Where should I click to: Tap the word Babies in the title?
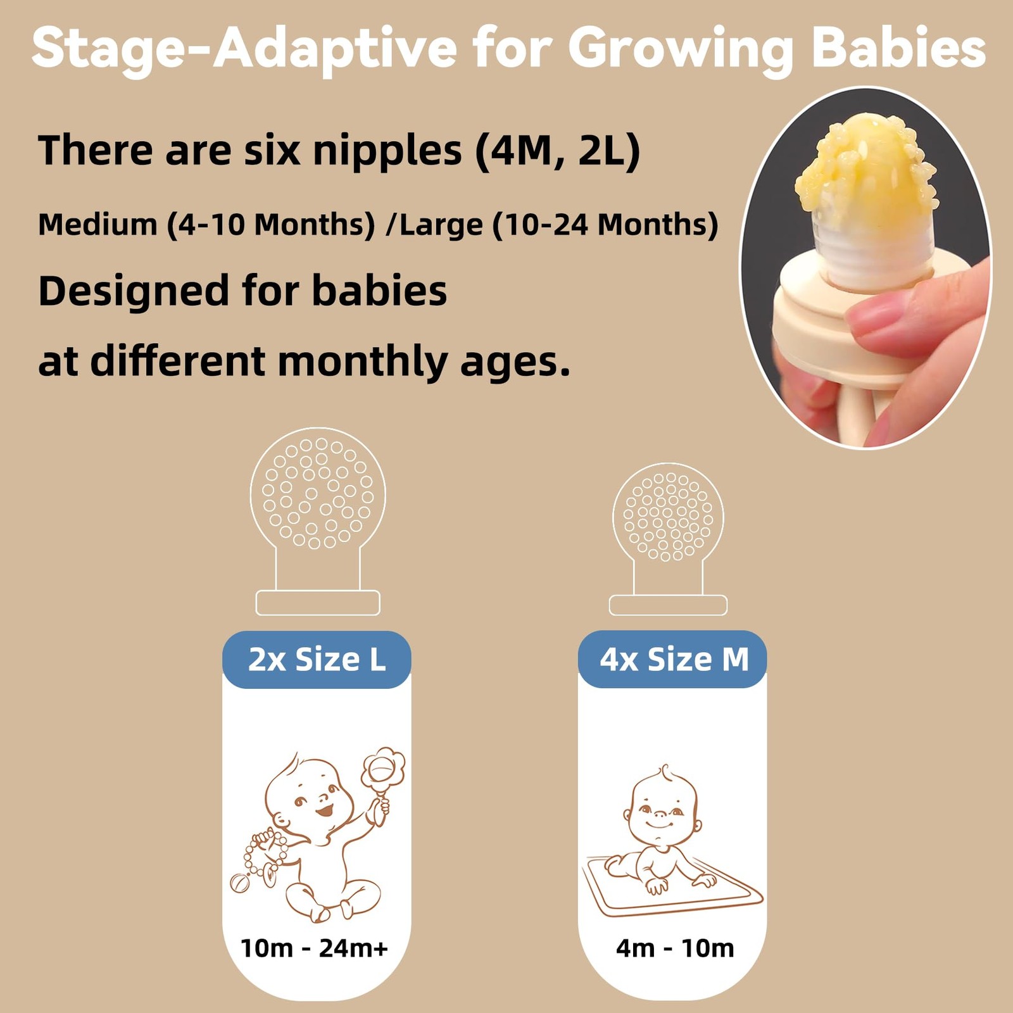[x=899, y=47]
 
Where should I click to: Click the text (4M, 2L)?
[x=558, y=152]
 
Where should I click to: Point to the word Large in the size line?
[x=441, y=225]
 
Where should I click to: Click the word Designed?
[x=134, y=292]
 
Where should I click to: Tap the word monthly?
[x=363, y=363]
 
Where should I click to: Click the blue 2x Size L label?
[x=317, y=660]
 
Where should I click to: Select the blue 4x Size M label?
[x=673, y=660]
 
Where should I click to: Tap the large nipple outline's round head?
[x=318, y=494]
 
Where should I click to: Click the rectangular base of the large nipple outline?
[x=318, y=603]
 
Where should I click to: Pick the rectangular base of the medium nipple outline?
[x=668, y=605]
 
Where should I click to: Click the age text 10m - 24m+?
[x=314, y=948]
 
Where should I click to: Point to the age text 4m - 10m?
[x=675, y=948]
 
